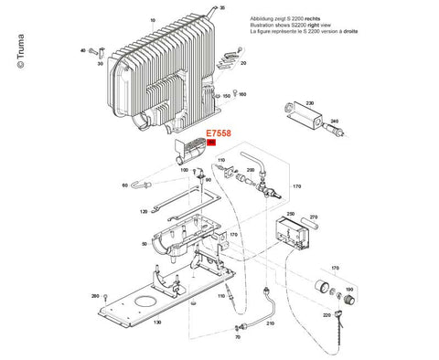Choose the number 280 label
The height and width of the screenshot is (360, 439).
pos(95,297)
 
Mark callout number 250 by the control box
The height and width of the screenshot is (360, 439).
pos(292,214)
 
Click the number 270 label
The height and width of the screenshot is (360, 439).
pos(314,217)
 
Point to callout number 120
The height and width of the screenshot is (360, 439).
pos(144,211)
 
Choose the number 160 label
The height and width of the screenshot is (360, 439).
pos(241,94)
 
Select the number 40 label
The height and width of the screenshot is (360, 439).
pos(82,51)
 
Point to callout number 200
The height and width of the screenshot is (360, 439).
pos(250,170)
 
